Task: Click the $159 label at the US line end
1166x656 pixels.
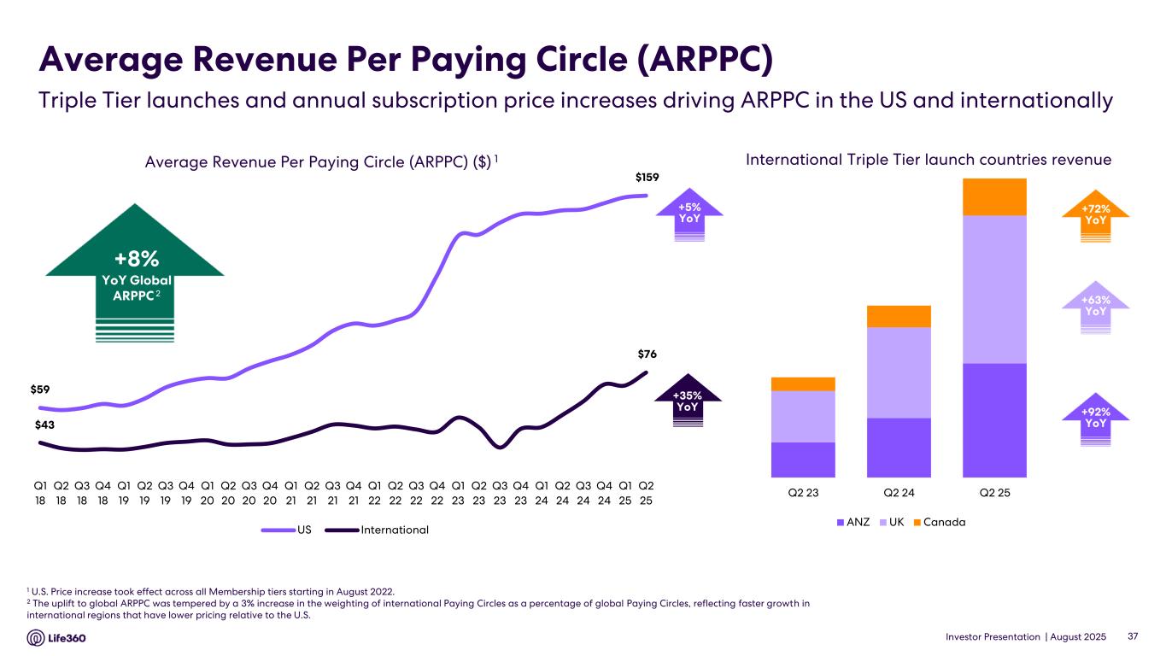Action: tap(647, 177)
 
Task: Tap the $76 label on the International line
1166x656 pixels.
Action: tap(647, 354)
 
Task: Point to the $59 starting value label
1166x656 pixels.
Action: tap(41, 390)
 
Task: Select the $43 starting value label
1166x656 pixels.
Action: tap(46, 425)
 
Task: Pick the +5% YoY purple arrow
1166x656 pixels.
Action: tap(689, 214)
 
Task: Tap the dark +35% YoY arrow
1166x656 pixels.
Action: tap(688, 401)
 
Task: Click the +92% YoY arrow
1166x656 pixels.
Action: tap(1095, 419)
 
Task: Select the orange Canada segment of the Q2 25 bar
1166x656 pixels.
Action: tap(994, 196)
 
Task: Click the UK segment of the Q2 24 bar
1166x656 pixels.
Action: tap(899, 372)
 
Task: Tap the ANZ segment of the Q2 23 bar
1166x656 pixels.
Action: tap(803, 460)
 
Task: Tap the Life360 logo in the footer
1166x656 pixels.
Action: tap(60, 638)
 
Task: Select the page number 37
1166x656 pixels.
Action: tap(1134, 637)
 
